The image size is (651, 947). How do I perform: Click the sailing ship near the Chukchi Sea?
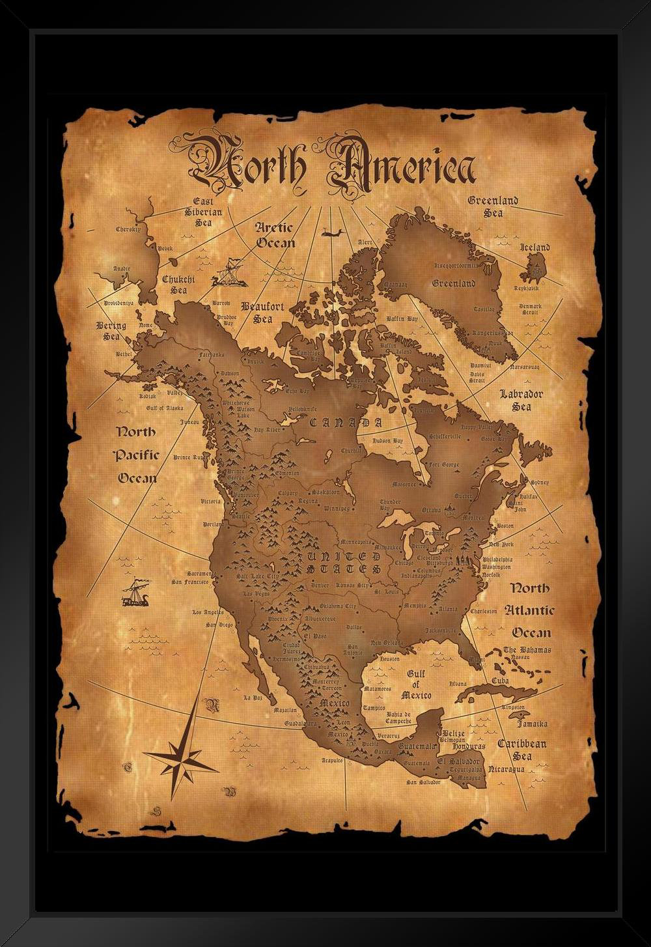coord(228,273)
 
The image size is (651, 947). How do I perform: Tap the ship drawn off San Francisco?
coord(135,593)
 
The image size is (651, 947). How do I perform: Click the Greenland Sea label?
coord(493,206)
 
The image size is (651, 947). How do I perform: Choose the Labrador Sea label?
coord(521,400)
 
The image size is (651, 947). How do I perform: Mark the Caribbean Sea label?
coord(522,750)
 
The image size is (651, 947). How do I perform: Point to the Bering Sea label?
coord(109,331)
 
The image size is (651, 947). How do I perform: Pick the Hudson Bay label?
coord(387,441)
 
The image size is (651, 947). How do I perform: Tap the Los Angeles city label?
coord(208,612)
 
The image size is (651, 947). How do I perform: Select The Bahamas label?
coord(527,650)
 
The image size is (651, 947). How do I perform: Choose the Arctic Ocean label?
coord(274,235)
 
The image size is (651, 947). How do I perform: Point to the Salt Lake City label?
coord(257,576)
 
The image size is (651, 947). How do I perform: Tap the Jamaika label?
coord(532,724)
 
